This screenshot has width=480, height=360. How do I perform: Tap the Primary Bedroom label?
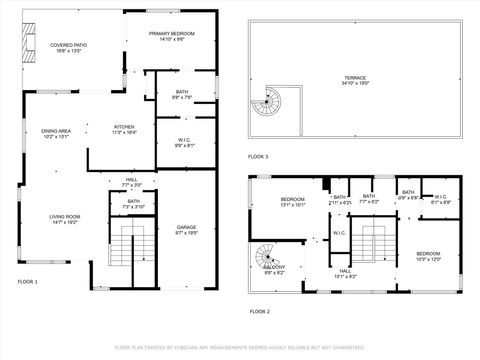click(172, 36)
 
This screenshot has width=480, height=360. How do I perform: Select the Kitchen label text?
click(125, 129)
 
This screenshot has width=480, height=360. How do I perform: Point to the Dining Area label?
click(56, 133)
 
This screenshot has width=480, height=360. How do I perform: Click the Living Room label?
click(64, 219)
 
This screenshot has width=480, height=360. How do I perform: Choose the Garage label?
click(186, 229)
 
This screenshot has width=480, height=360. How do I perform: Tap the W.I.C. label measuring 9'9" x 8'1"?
click(184, 141)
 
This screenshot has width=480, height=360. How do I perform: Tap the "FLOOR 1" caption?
click(27, 282)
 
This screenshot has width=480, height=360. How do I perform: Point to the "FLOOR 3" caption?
click(259, 158)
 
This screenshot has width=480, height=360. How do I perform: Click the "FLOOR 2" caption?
click(259, 311)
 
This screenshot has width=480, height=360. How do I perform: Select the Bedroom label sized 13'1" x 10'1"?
click(292, 202)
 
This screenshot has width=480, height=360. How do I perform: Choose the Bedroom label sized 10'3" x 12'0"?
click(427, 255)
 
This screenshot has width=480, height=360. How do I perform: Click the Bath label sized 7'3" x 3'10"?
click(133, 204)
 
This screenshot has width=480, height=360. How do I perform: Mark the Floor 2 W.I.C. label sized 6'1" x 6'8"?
click(441, 200)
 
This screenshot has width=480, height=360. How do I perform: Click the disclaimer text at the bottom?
click(239, 348)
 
